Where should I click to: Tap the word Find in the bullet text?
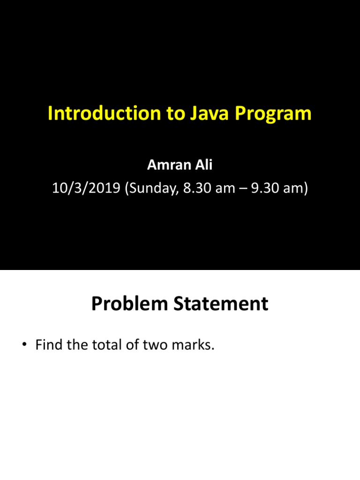[47, 346]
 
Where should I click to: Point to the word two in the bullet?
[150, 346]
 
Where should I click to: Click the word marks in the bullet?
[190, 346]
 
